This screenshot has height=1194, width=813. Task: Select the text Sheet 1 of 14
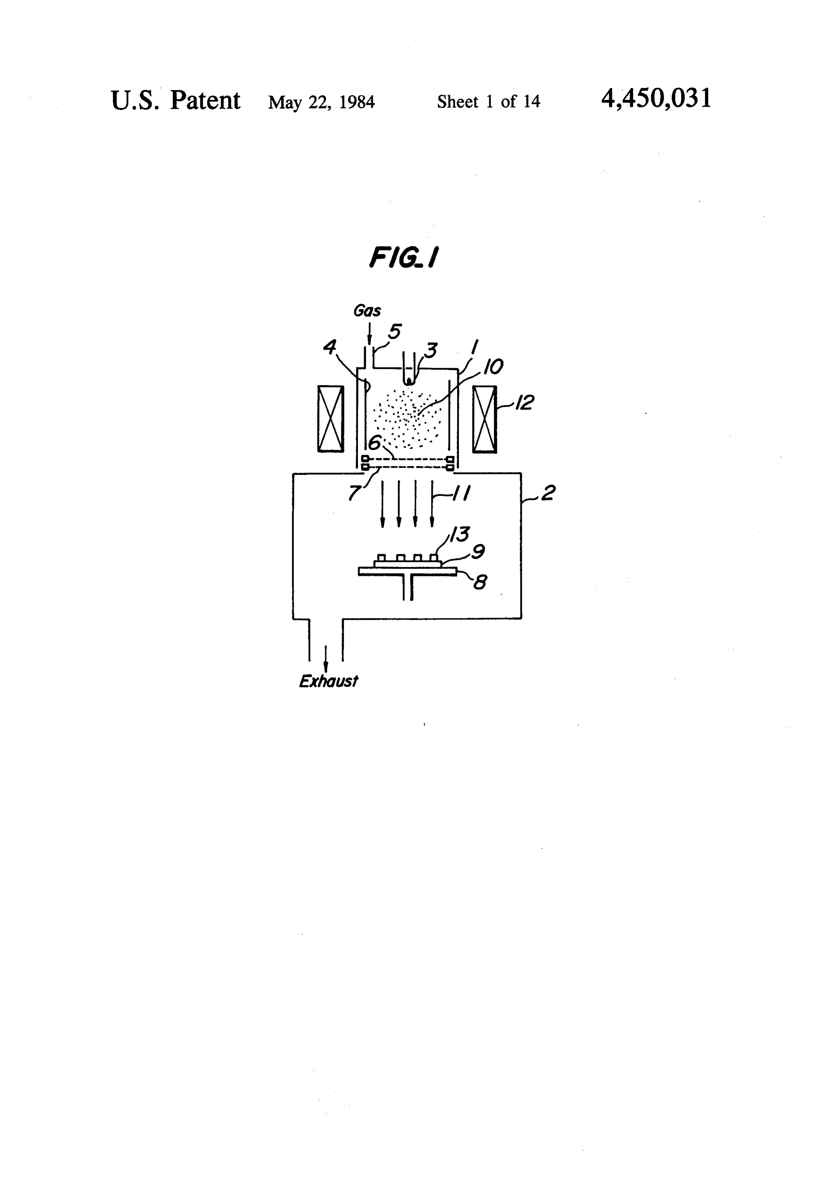489,101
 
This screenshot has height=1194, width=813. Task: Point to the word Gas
368,310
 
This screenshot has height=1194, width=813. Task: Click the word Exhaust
328,681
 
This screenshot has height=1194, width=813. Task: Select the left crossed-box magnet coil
330,419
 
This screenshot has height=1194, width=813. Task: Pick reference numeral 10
492,367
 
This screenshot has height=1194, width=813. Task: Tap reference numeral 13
459,534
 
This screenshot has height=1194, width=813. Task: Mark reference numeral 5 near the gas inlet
394,332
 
